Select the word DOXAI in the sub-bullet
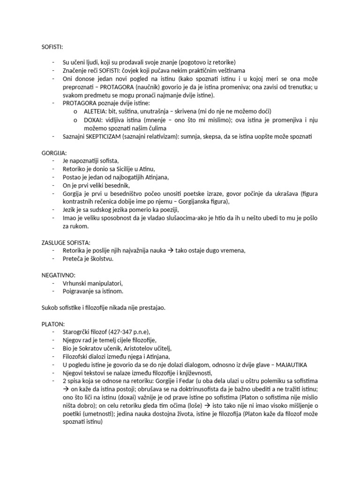coord(93,120)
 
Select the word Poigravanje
coord(80,291)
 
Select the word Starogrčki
coord(77,332)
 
